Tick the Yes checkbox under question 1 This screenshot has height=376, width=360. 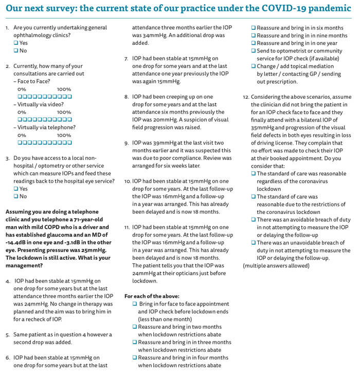click(x=16, y=43)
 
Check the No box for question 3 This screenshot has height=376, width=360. click(x=16, y=196)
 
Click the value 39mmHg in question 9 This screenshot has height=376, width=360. click(x=153, y=142)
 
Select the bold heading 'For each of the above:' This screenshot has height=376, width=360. click(x=152, y=296)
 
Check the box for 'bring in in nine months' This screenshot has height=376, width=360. click(x=254, y=35)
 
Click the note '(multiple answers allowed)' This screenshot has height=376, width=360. click(x=277, y=266)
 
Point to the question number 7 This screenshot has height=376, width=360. click(x=127, y=59)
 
